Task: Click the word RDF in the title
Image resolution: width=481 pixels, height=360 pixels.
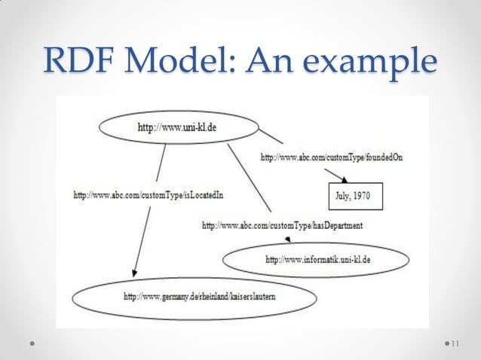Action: point(72,60)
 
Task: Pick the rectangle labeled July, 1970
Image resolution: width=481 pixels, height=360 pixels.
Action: point(354,197)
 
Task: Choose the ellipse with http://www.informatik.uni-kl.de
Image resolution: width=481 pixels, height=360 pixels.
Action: point(316,260)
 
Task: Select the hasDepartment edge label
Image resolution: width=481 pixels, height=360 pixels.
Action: point(281,224)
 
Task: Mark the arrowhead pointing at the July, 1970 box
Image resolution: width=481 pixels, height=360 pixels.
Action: point(346,180)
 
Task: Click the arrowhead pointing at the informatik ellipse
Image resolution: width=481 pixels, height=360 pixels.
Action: point(290,240)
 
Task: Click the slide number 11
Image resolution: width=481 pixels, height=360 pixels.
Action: point(454,344)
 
